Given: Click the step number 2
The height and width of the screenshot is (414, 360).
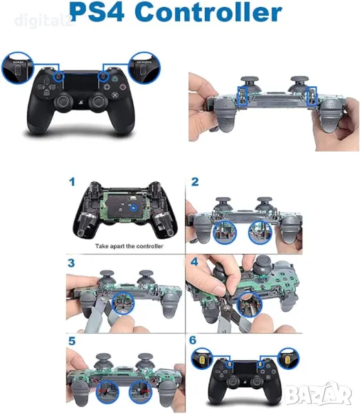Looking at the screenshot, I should coord(195,183).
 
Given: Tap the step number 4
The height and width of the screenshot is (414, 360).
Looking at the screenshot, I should coord(195,264).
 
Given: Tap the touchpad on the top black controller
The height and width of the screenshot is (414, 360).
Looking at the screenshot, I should coord(81,83).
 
